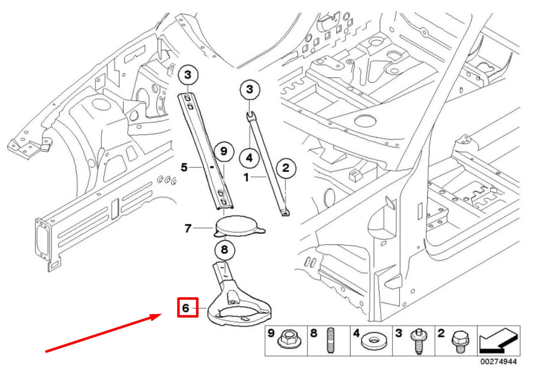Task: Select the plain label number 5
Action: [x=184, y=168]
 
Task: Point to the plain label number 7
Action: [x=188, y=228]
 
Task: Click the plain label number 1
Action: [x=246, y=177]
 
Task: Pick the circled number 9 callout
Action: [x=223, y=151]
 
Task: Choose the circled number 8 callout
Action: [x=224, y=251]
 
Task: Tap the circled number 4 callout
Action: [x=249, y=159]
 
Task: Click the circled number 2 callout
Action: [x=286, y=168]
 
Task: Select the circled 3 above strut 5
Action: [x=188, y=75]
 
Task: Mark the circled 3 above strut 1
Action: [x=250, y=90]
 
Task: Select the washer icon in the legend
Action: [x=374, y=342]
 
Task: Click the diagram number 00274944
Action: [x=497, y=362]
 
